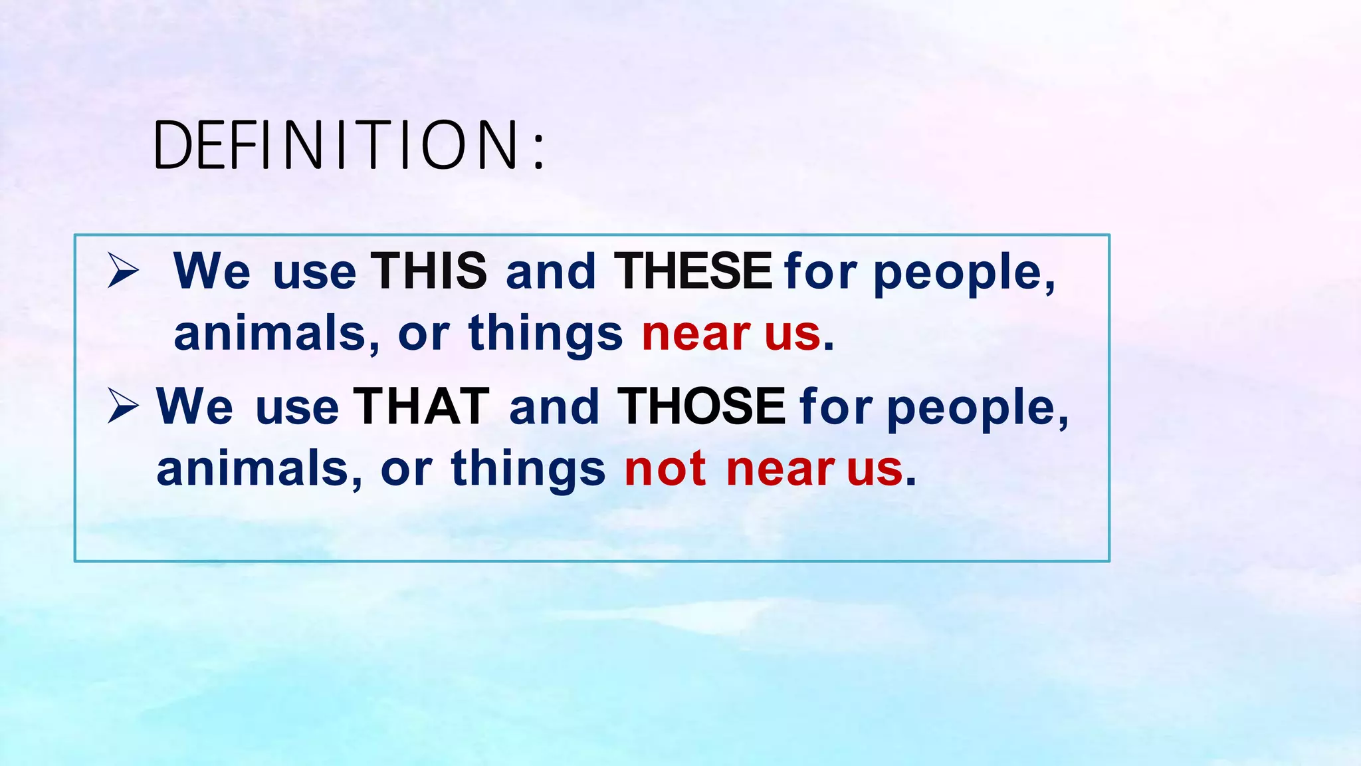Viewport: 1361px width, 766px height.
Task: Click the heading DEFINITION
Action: tap(336, 145)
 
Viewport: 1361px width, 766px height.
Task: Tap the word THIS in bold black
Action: tap(429, 271)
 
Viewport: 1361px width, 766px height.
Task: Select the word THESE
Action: tap(692, 271)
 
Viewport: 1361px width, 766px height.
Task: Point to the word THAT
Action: tap(421, 407)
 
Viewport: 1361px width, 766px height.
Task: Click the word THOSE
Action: tap(701, 407)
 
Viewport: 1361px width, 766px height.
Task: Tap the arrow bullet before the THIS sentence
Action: tap(123, 271)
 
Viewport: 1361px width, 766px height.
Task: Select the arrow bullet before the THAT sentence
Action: tap(123, 406)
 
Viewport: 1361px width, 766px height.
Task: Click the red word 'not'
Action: tap(665, 469)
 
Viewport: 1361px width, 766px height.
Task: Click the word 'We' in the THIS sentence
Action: tap(211, 271)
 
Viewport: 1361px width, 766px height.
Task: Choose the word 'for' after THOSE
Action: tap(836, 407)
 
